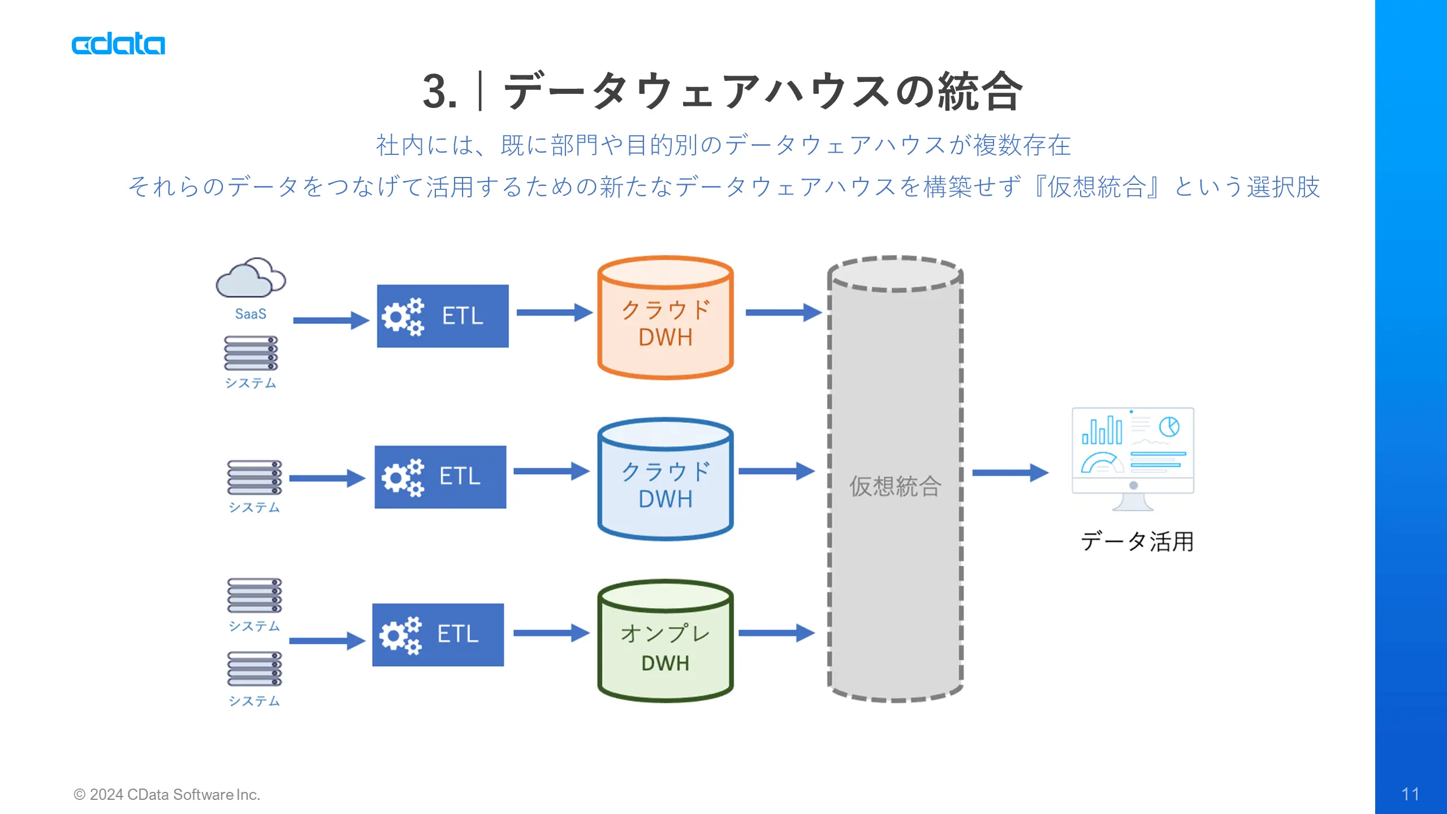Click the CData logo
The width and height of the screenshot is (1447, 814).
coord(118,45)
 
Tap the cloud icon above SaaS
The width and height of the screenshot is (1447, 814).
coord(251,278)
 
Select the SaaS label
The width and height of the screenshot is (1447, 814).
coord(250,314)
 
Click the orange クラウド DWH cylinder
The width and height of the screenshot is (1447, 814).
coord(666,317)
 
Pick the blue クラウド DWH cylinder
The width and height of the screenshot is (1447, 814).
coord(666,479)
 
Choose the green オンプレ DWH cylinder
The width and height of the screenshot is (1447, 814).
coord(666,641)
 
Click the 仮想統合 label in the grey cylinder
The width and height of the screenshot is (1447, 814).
coord(895,486)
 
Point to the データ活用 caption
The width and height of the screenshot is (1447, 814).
coord(1137,542)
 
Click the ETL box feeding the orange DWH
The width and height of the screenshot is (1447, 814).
coord(443,316)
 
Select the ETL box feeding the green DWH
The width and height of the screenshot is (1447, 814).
coord(438,635)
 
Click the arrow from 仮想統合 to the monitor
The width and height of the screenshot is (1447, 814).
coord(1010,473)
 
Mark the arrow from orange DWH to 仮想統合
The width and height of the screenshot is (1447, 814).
coord(784,312)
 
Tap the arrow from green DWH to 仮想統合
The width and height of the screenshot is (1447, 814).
coord(777,633)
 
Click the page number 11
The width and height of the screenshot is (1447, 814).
coord(1410,794)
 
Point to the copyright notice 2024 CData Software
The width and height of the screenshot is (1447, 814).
coord(167,795)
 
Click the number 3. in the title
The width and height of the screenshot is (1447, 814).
coord(440,92)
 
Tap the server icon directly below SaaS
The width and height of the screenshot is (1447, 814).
coord(251,353)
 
